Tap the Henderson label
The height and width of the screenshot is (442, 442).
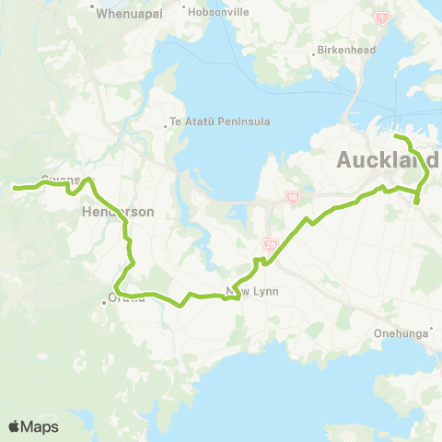117,211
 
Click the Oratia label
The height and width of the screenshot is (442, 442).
127,298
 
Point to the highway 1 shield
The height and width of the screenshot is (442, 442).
379,17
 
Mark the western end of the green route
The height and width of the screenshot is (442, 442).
15,188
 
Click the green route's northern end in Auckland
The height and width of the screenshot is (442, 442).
397,137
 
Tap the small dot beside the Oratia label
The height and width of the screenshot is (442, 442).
105,298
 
